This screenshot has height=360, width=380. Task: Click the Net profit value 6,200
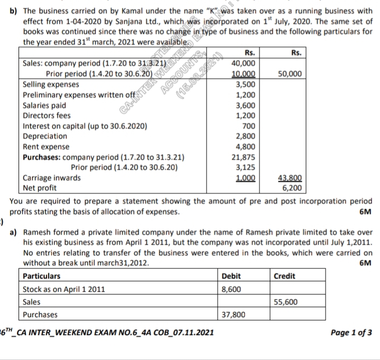(x=292, y=187)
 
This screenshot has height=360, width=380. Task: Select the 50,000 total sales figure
(x=291, y=73)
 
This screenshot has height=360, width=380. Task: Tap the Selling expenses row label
(x=51, y=84)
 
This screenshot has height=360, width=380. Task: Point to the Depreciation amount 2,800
(x=246, y=136)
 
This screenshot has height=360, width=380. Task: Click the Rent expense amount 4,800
(x=246, y=146)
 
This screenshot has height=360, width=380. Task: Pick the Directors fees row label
(x=47, y=115)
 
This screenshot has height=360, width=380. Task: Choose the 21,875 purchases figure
(x=244, y=157)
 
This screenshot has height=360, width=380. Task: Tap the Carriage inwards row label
(x=52, y=177)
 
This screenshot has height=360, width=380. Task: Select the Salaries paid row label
(x=45, y=105)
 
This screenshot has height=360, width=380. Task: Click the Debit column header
(x=231, y=276)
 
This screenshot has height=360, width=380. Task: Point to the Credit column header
(x=285, y=276)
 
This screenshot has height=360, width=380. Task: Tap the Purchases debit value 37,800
(x=234, y=315)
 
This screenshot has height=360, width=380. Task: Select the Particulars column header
(x=42, y=276)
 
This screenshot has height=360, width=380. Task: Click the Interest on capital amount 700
(x=249, y=126)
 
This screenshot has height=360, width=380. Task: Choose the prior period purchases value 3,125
(x=246, y=167)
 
